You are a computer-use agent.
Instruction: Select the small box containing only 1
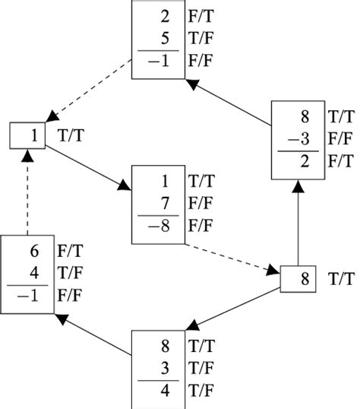(29, 136)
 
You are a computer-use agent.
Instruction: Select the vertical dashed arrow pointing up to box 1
(29, 193)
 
